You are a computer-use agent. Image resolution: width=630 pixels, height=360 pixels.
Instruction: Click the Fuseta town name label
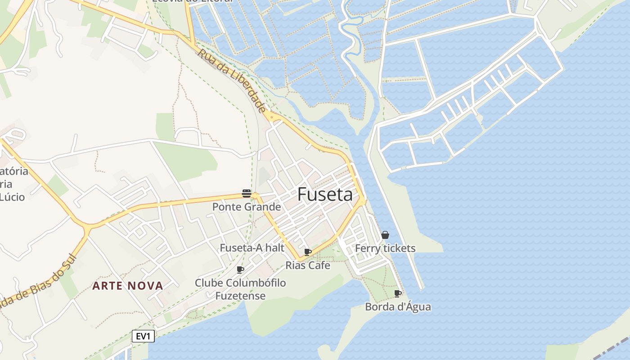325,194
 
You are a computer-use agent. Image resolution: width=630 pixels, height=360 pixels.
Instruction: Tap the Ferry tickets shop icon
385,235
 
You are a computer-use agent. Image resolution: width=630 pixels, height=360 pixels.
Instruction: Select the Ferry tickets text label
385,248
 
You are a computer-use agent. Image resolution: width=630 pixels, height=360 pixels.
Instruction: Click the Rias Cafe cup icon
308,252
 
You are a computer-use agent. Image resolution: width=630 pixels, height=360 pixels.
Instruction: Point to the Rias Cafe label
308,265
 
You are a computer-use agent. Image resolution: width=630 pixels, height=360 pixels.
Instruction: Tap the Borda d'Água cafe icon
398,294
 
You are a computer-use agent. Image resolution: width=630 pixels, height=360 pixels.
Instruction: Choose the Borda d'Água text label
398,307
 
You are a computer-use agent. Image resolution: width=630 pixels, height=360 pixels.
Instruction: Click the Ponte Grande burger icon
246,193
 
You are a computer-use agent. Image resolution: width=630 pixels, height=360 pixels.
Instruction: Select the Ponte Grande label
247,207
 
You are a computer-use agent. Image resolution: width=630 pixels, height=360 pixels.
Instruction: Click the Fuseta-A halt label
252,248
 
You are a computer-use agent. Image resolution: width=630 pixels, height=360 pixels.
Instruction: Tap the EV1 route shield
144,336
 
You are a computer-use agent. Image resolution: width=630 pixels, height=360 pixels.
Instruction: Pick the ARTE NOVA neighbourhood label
128,286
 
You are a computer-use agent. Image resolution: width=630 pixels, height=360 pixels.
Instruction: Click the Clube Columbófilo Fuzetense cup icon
240,270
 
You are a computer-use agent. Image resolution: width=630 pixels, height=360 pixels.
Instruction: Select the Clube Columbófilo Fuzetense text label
240,289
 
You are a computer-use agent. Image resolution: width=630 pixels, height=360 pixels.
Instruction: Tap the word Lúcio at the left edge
13,197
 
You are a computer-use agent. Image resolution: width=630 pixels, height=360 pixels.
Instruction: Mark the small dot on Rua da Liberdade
271,117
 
